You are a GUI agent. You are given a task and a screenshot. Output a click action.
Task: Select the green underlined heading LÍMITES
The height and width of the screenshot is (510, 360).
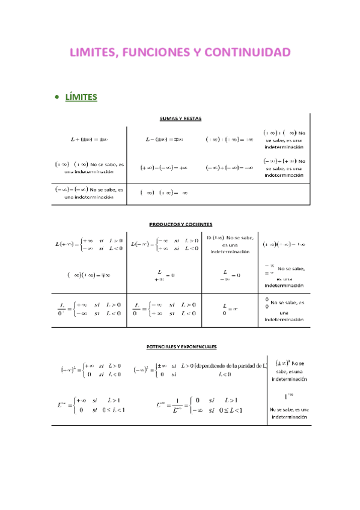[x=81, y=97]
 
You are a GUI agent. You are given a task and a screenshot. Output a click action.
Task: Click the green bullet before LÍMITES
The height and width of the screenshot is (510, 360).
[x=56, y=97]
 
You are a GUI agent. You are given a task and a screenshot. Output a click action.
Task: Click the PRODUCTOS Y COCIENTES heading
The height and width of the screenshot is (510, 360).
[x=180, y=224]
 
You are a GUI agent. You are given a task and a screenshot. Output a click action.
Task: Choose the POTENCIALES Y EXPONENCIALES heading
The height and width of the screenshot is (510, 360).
[x=182, y=347]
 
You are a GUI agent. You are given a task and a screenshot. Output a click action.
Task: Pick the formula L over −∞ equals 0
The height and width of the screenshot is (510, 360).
[x=231, y=275]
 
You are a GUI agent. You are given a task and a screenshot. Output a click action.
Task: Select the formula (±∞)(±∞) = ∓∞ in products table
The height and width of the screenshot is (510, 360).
[x=88, y=275]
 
